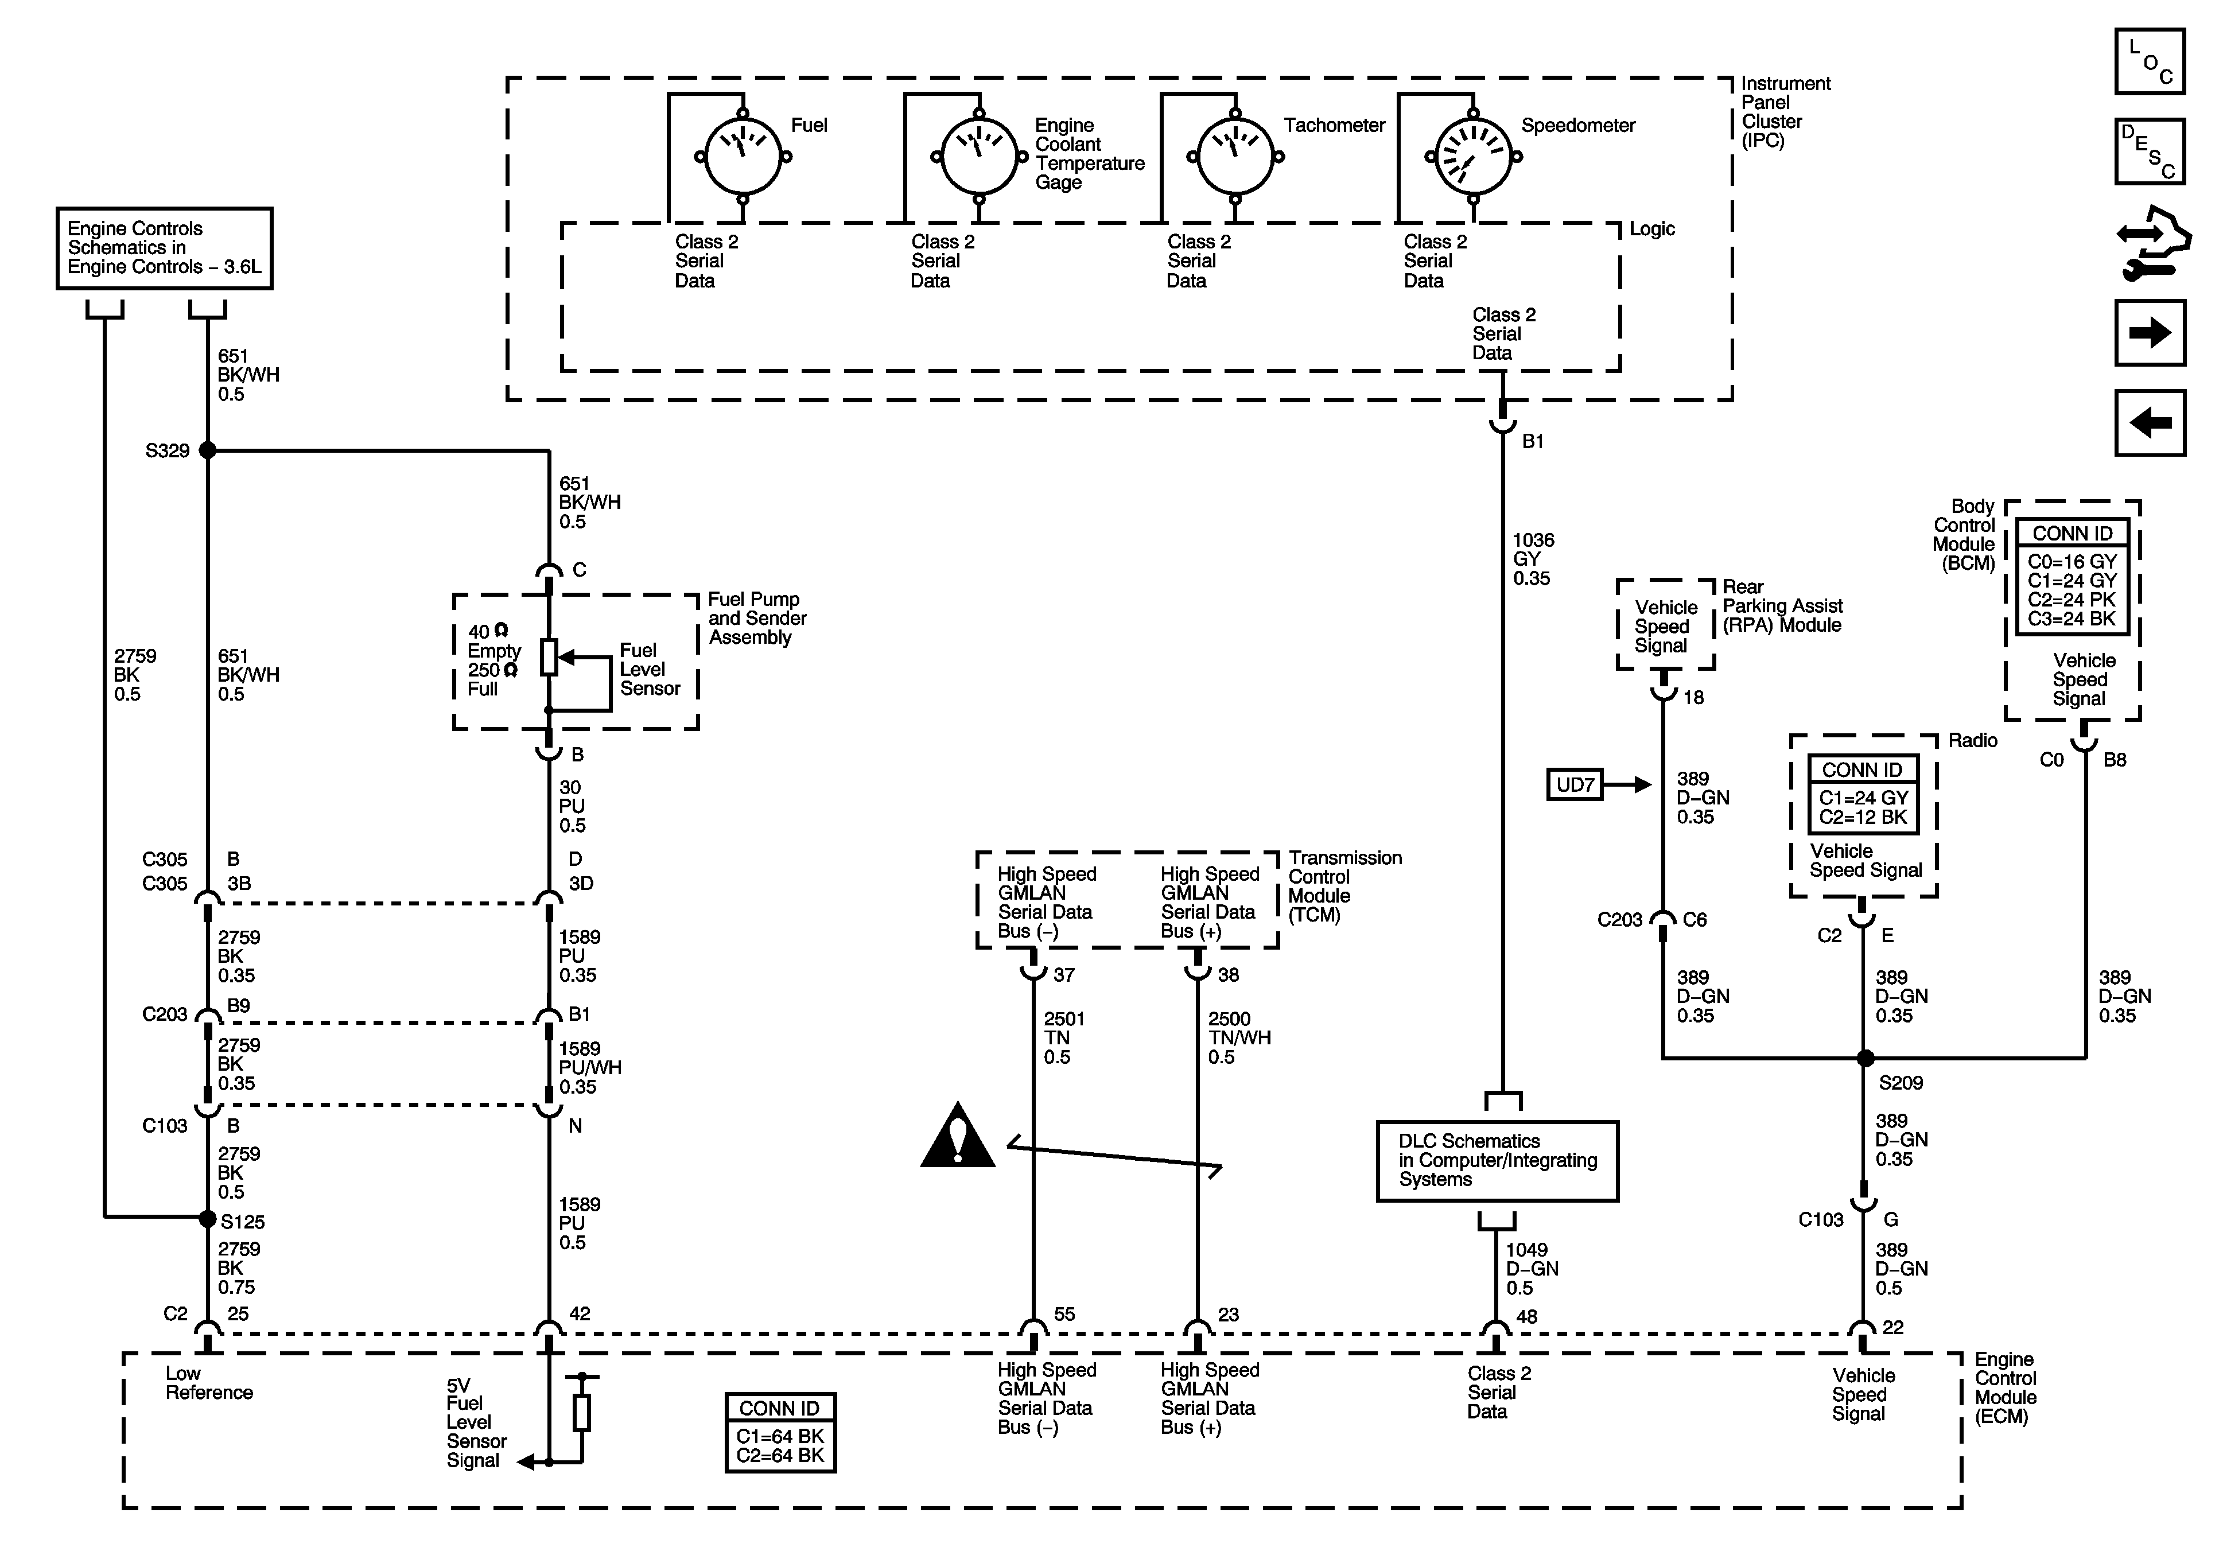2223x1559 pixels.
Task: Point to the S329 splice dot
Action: click(207, 450)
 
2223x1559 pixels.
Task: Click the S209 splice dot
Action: click(1865, 1059)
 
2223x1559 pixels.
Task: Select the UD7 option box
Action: click(1575, 784)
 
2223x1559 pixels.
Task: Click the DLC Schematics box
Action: click(1497, 1161)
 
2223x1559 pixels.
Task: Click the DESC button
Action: click(2150, 151)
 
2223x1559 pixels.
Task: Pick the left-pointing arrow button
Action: click(2150, 422)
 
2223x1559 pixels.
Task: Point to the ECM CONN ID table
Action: click(780, 1433)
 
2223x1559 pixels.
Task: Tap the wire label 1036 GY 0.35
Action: click(1532, 559)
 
